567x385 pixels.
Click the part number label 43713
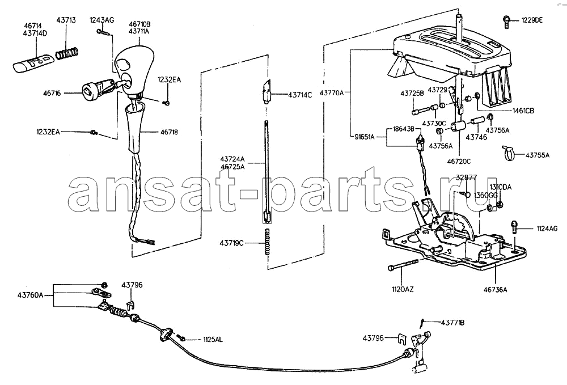click(x=66, y=20)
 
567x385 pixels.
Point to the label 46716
click(x=52, y=93)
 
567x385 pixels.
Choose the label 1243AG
click(x=101, y=20)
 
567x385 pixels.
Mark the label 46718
click(x=169, y=132)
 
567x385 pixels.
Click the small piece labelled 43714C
click(x=266, y=92)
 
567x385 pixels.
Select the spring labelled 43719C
click(x=268, y=242)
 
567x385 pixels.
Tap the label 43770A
click(x=331, y=92)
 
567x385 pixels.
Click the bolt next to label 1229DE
click(x=506, y=22)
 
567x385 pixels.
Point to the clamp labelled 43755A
click(x=507, y=153)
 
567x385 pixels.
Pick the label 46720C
click(x=459, y=162)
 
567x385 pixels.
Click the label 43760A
click(x=31, y=295)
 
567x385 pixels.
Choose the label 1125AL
click(x=213, y=340)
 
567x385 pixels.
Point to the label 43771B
click(x=452, y=322)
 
